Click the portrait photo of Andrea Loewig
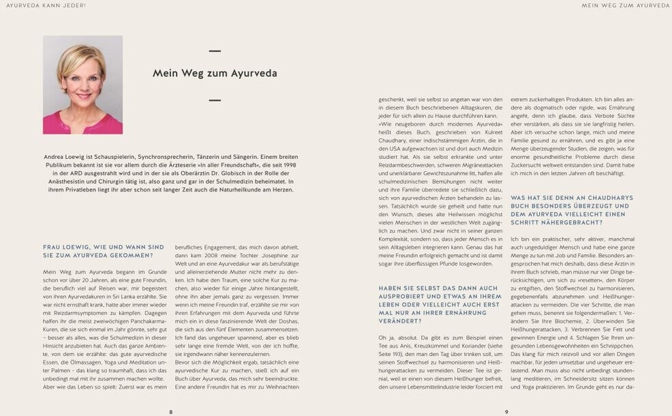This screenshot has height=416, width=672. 82,85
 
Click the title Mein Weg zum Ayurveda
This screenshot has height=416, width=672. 214,73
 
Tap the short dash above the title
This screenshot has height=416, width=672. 215,50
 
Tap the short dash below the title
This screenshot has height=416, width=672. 215,100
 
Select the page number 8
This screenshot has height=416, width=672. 170,411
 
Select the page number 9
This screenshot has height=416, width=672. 506,411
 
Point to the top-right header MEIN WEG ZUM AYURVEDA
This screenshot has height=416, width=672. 625,5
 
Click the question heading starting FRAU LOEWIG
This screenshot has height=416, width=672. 103,250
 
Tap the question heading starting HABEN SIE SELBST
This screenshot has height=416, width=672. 440,304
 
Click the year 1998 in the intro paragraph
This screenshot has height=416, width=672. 288,165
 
